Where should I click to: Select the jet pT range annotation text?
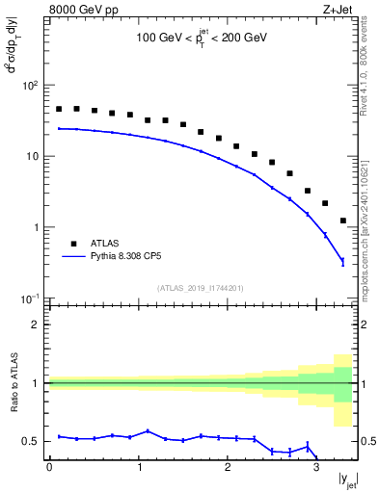(x=202, y=39)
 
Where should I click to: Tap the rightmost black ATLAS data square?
(x=343, y=221)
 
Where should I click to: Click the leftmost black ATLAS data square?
(x=59, y=109)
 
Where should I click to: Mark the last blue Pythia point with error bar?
(x=343, y=261)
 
